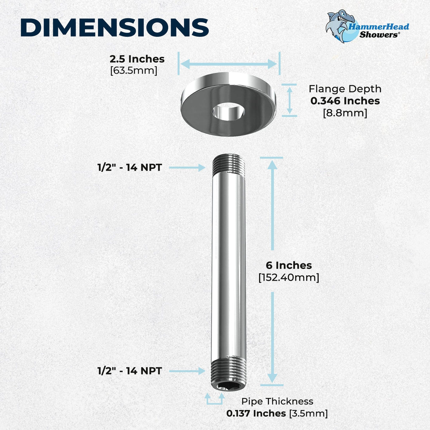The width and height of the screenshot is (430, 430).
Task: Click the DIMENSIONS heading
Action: tap(114, 28)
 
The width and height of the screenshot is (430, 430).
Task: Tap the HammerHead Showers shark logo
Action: tap(340, 26)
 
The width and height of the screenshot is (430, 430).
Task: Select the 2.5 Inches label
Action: tap(137, 59)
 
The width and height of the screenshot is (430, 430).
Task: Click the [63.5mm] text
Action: tap(134, 71)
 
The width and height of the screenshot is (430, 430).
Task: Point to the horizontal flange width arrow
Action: tap(229, 64)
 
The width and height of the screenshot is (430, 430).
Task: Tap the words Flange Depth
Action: tap(345, 89)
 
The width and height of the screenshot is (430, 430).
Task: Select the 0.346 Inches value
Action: tap(345, 101)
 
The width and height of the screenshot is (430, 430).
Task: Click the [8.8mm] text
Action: tap(345, 113)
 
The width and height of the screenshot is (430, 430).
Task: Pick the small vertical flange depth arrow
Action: tap(290, 100)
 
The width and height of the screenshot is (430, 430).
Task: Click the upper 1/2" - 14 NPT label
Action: tap(129, 168)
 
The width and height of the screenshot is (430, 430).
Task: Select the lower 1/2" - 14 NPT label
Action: tap(129, 371)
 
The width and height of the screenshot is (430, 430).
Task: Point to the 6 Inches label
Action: tap(289, 265)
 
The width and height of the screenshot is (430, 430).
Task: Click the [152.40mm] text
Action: tap(289, 278)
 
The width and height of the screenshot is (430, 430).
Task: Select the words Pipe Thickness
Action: tap(277, 401)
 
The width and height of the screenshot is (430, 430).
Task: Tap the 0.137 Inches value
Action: tap(256, 413)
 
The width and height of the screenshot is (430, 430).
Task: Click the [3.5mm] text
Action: tap(308, 413)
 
